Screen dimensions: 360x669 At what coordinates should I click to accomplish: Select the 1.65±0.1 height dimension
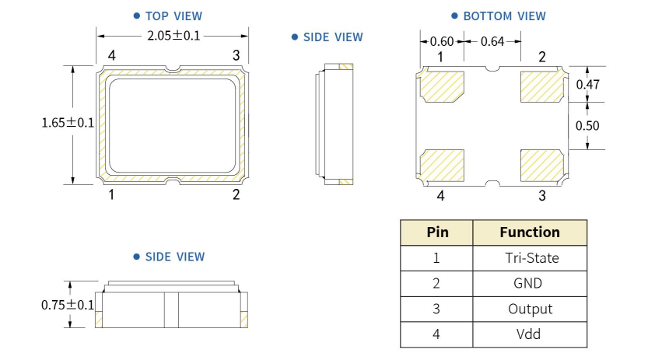tap(67, 123)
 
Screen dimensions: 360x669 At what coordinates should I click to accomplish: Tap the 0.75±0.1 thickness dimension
tap(67, 305)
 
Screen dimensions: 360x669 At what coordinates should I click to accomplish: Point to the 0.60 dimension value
tap(443, 41)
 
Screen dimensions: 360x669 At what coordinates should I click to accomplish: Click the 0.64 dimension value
tap(492, 41)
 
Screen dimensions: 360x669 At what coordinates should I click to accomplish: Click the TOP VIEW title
tap(173, 16)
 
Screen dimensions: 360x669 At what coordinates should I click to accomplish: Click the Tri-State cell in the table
tap(530, 258)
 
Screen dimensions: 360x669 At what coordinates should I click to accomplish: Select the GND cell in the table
tap(530, 284)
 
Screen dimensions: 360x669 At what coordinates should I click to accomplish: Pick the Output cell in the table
tap(530, 309)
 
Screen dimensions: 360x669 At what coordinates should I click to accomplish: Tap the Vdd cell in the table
tap(530, 334)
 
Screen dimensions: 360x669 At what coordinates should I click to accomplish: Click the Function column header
tap(530, 232)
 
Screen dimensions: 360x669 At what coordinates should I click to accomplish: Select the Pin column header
tap(437, 232)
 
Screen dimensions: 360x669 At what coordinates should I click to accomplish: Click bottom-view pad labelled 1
tap(442, 86)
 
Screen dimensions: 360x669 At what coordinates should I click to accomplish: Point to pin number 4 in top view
tap(112, 55)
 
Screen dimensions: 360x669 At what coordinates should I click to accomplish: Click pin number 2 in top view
tap(236, 194)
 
